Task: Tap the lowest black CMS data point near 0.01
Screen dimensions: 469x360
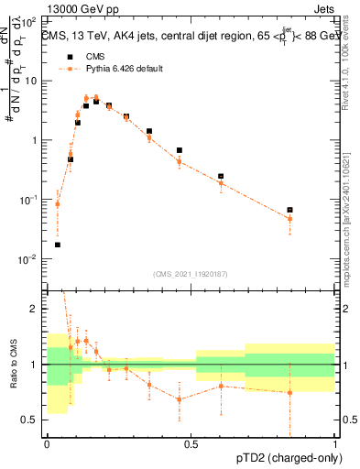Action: (x=58, y=245)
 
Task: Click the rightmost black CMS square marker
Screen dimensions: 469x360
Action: (x=289, y=210)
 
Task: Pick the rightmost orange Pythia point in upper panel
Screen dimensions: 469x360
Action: (x=289, y=219)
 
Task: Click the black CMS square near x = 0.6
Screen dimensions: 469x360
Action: (x=221, y=176)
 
